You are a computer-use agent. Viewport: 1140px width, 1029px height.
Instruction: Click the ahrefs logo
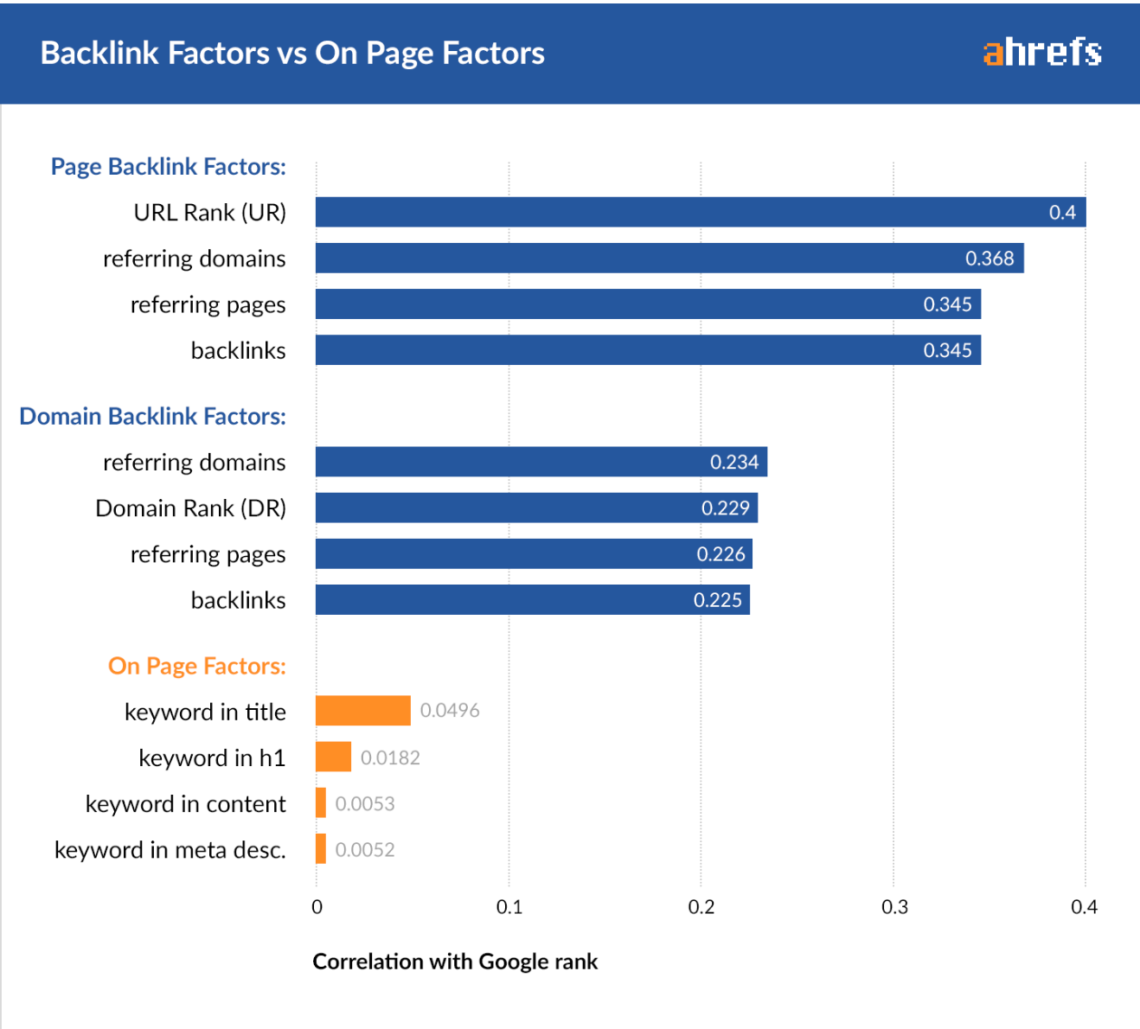[x=1041, y=53]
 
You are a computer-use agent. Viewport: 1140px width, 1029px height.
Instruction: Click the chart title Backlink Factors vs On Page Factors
[x=292, y=53]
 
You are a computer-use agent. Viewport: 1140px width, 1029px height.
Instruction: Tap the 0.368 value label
[x=989, y=259]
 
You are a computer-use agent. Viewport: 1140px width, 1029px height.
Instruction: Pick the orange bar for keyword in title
[x=362, y=711]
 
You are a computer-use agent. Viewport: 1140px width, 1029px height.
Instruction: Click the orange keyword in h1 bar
[x=333, y=757]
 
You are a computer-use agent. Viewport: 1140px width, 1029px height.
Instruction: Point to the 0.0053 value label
[x=365, y=803]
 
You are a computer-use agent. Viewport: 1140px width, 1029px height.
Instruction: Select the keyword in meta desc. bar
[x=321, y=849]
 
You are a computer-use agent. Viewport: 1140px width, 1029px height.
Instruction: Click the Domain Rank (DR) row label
[x=190, y=508]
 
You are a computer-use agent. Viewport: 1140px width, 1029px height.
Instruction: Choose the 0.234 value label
[x=733, y=462]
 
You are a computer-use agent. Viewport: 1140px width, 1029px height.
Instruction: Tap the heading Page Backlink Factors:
[x=168, y=166]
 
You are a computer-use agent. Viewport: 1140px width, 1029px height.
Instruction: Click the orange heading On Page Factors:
[x=196, y=666]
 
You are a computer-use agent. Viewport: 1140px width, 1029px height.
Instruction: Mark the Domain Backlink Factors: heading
[x=152, y=416]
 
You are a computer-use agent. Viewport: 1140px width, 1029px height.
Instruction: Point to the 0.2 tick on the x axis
[x=701, y=906]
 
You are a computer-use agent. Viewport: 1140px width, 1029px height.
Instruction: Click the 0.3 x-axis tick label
[x=893, y=906]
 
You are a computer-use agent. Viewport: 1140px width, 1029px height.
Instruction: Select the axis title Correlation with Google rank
[x=455, y=962]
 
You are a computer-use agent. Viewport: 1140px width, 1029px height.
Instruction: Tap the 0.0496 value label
[x=449, y=711]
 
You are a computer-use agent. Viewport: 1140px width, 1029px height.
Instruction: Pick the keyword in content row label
[x=185, y=803]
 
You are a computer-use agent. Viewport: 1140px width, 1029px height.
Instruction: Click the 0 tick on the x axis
[x=317, y=906]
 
